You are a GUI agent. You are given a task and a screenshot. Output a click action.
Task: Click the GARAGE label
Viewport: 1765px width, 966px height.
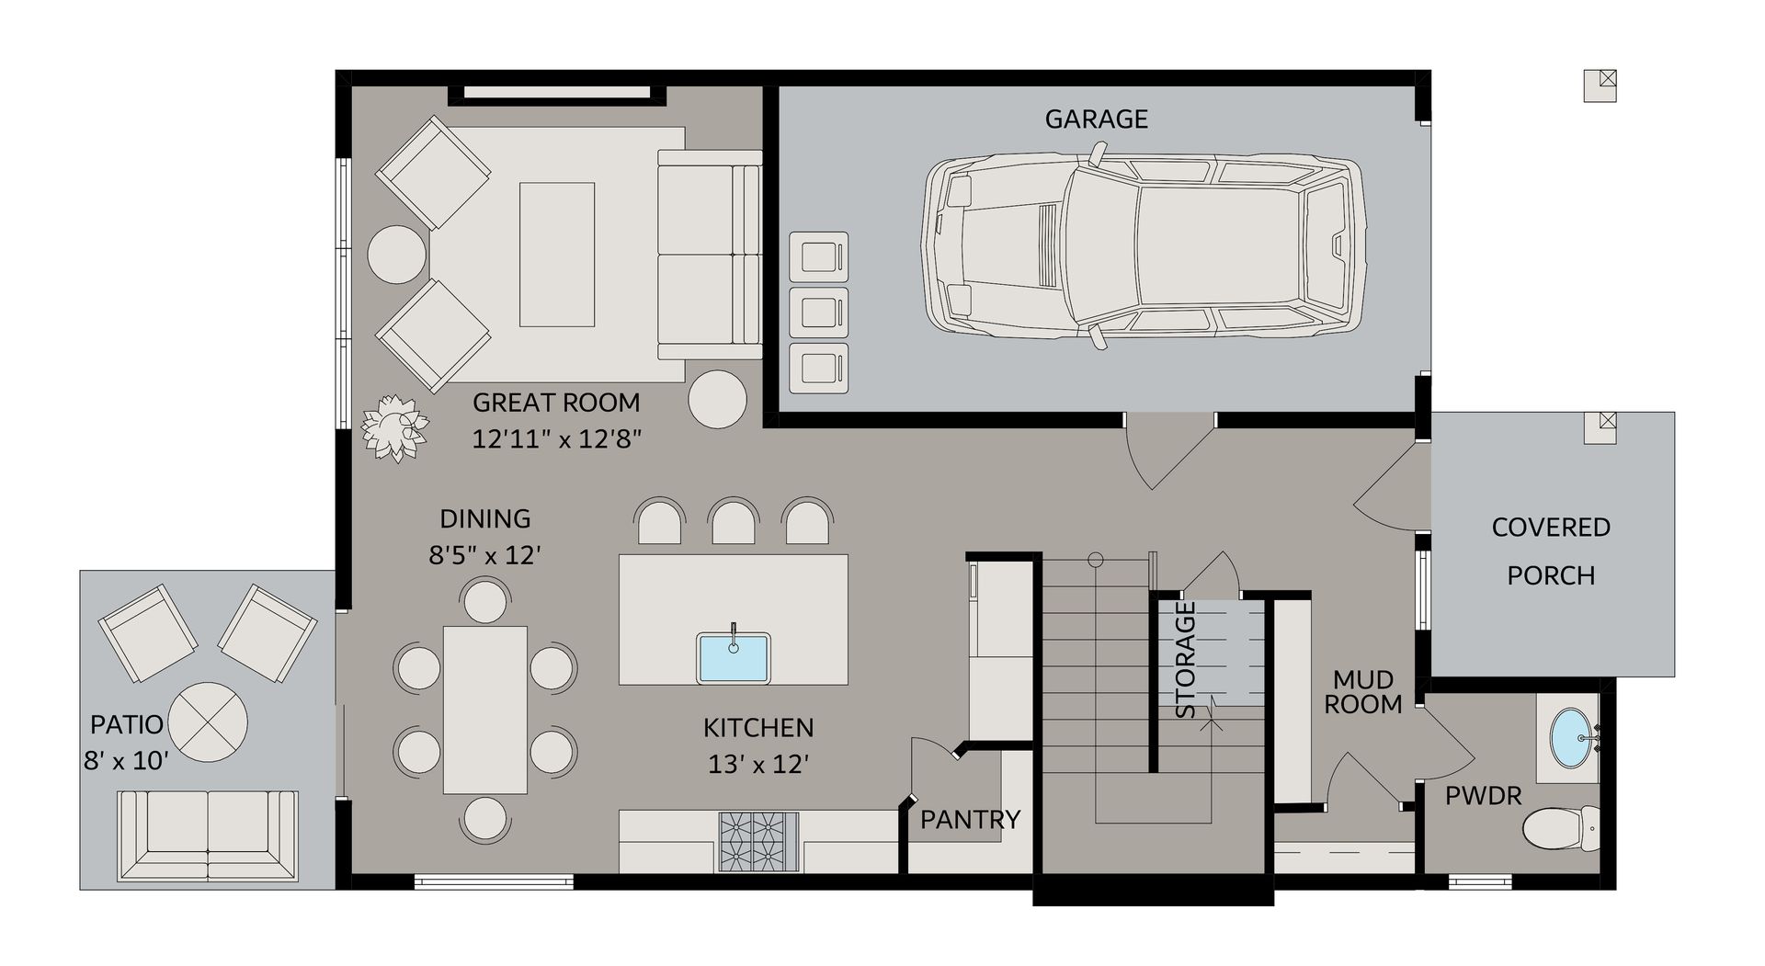click(1096, 119)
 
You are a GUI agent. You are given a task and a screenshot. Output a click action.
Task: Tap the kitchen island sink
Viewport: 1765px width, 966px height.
click(733, 656)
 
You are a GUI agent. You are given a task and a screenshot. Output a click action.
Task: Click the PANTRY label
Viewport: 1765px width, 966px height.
click(970, 819)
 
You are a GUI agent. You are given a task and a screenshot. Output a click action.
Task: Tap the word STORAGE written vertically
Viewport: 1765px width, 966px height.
click(1186, 659)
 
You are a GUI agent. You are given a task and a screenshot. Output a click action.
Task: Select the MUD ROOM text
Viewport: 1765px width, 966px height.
click(1362, 692)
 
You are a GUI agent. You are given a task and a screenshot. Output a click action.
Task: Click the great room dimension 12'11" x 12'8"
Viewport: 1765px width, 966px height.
click(555, 439)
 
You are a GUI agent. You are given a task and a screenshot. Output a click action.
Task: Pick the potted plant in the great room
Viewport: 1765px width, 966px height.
click(394, 428)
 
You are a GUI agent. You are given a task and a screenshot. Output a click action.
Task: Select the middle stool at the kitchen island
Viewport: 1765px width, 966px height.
click(734, 522)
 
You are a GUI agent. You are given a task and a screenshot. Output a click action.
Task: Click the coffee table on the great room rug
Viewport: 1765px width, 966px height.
click(556, 254)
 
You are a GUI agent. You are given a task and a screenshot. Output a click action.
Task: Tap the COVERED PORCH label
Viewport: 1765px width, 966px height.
click(1551, 551)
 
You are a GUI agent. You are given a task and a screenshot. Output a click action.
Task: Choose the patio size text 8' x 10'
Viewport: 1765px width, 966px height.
click(126, 761)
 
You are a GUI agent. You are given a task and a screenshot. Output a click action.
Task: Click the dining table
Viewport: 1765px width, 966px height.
click(485, 710)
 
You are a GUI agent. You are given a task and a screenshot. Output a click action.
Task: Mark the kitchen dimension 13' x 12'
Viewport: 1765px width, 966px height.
click(758, 764)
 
